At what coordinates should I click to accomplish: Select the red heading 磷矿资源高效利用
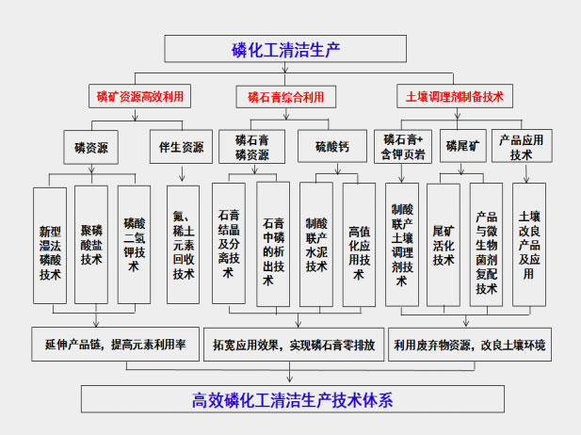[x=140, y=96]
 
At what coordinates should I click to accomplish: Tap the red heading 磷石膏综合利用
[x=292, y=96]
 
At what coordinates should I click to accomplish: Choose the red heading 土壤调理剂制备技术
[x=454, y=96]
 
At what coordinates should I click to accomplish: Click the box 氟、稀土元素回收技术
[x=184, y=244]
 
